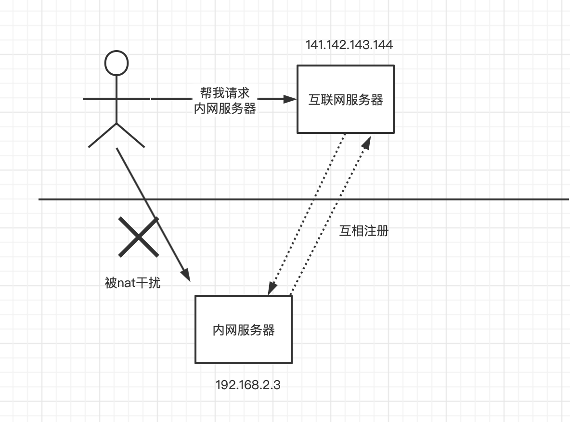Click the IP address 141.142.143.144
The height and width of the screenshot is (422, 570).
coord(349,45)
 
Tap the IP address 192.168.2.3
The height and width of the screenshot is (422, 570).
coord(247,385)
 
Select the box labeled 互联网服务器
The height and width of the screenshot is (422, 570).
coord(346,99)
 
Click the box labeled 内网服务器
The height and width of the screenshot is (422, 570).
coord(244,330)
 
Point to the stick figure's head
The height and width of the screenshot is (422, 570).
coord(117,63)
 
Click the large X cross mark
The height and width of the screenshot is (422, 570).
coord(139,237)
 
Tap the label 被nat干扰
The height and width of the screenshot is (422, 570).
coord(132,283)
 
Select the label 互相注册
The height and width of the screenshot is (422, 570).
coord(364,231)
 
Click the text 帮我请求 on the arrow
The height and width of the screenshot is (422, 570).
coord(225,92)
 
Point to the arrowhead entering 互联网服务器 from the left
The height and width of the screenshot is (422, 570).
coord(290,99)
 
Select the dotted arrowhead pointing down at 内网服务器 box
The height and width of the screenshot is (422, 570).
coord(272,288)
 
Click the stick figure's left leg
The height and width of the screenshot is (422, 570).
coord(102,135)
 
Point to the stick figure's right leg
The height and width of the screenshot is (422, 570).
coord(130,135)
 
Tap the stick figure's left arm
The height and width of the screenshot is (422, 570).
coord(99,99)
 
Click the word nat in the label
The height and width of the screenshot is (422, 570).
coord(125,283)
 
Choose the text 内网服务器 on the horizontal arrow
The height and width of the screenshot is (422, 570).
coord(225,108)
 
